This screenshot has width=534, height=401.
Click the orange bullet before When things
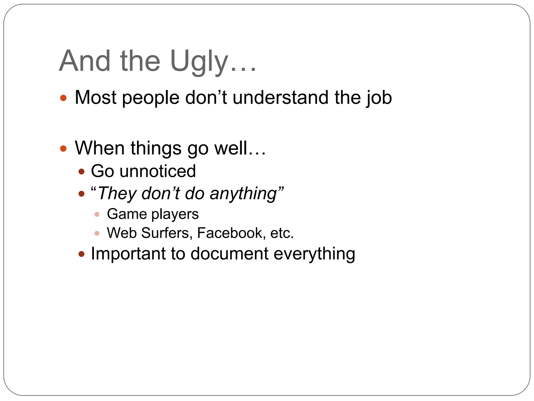[x=63, y=149]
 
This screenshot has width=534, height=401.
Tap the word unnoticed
[x=157, y=171]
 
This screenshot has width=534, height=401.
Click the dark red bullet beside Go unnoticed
[x=82, y=172]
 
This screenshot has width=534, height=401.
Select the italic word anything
[x=243, y=194]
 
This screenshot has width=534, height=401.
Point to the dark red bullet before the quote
[x=82, y=194]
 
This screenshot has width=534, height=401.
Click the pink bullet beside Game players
[x=97, y=214]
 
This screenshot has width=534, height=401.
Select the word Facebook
[x=231, y=233]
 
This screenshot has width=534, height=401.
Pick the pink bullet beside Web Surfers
[x=97, y=233]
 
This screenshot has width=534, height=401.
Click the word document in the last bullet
[x=229, y=254]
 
